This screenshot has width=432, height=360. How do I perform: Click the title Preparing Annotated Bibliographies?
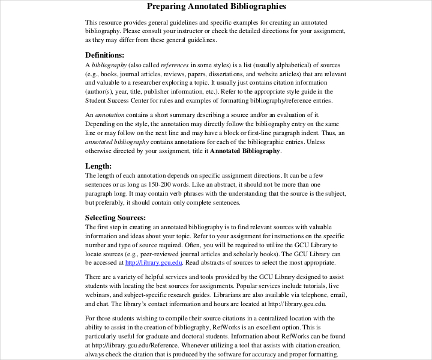[x=217, y=7]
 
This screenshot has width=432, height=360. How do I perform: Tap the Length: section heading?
[x=98, y=166]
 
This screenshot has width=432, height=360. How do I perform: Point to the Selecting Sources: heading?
[x=115, y=217]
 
